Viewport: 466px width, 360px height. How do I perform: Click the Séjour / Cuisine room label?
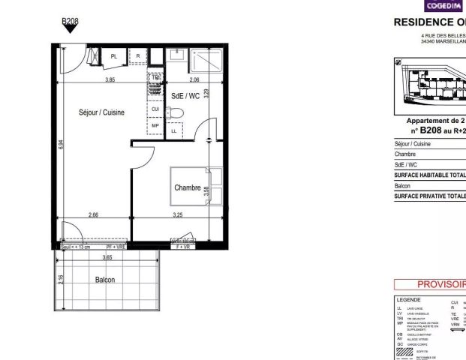(101, 112)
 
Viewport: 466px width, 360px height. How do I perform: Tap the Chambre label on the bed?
(188, 187)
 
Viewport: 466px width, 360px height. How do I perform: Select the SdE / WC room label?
(185, 96)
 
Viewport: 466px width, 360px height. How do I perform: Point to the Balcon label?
(105, 279)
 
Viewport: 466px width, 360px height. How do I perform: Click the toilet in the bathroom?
(175, 112)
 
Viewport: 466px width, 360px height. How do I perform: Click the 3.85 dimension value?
(110, 79)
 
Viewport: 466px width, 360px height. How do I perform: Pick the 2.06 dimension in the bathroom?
(194, 79)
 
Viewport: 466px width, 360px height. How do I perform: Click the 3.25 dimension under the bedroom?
(177, 215)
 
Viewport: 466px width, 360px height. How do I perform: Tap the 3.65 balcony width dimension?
(107, 257)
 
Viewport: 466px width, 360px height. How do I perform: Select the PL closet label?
(114, 56)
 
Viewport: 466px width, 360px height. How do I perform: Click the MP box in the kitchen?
(155, 125)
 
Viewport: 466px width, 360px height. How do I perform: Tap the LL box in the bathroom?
(175, 131)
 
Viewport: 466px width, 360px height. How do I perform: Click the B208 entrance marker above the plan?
(70, 22)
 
